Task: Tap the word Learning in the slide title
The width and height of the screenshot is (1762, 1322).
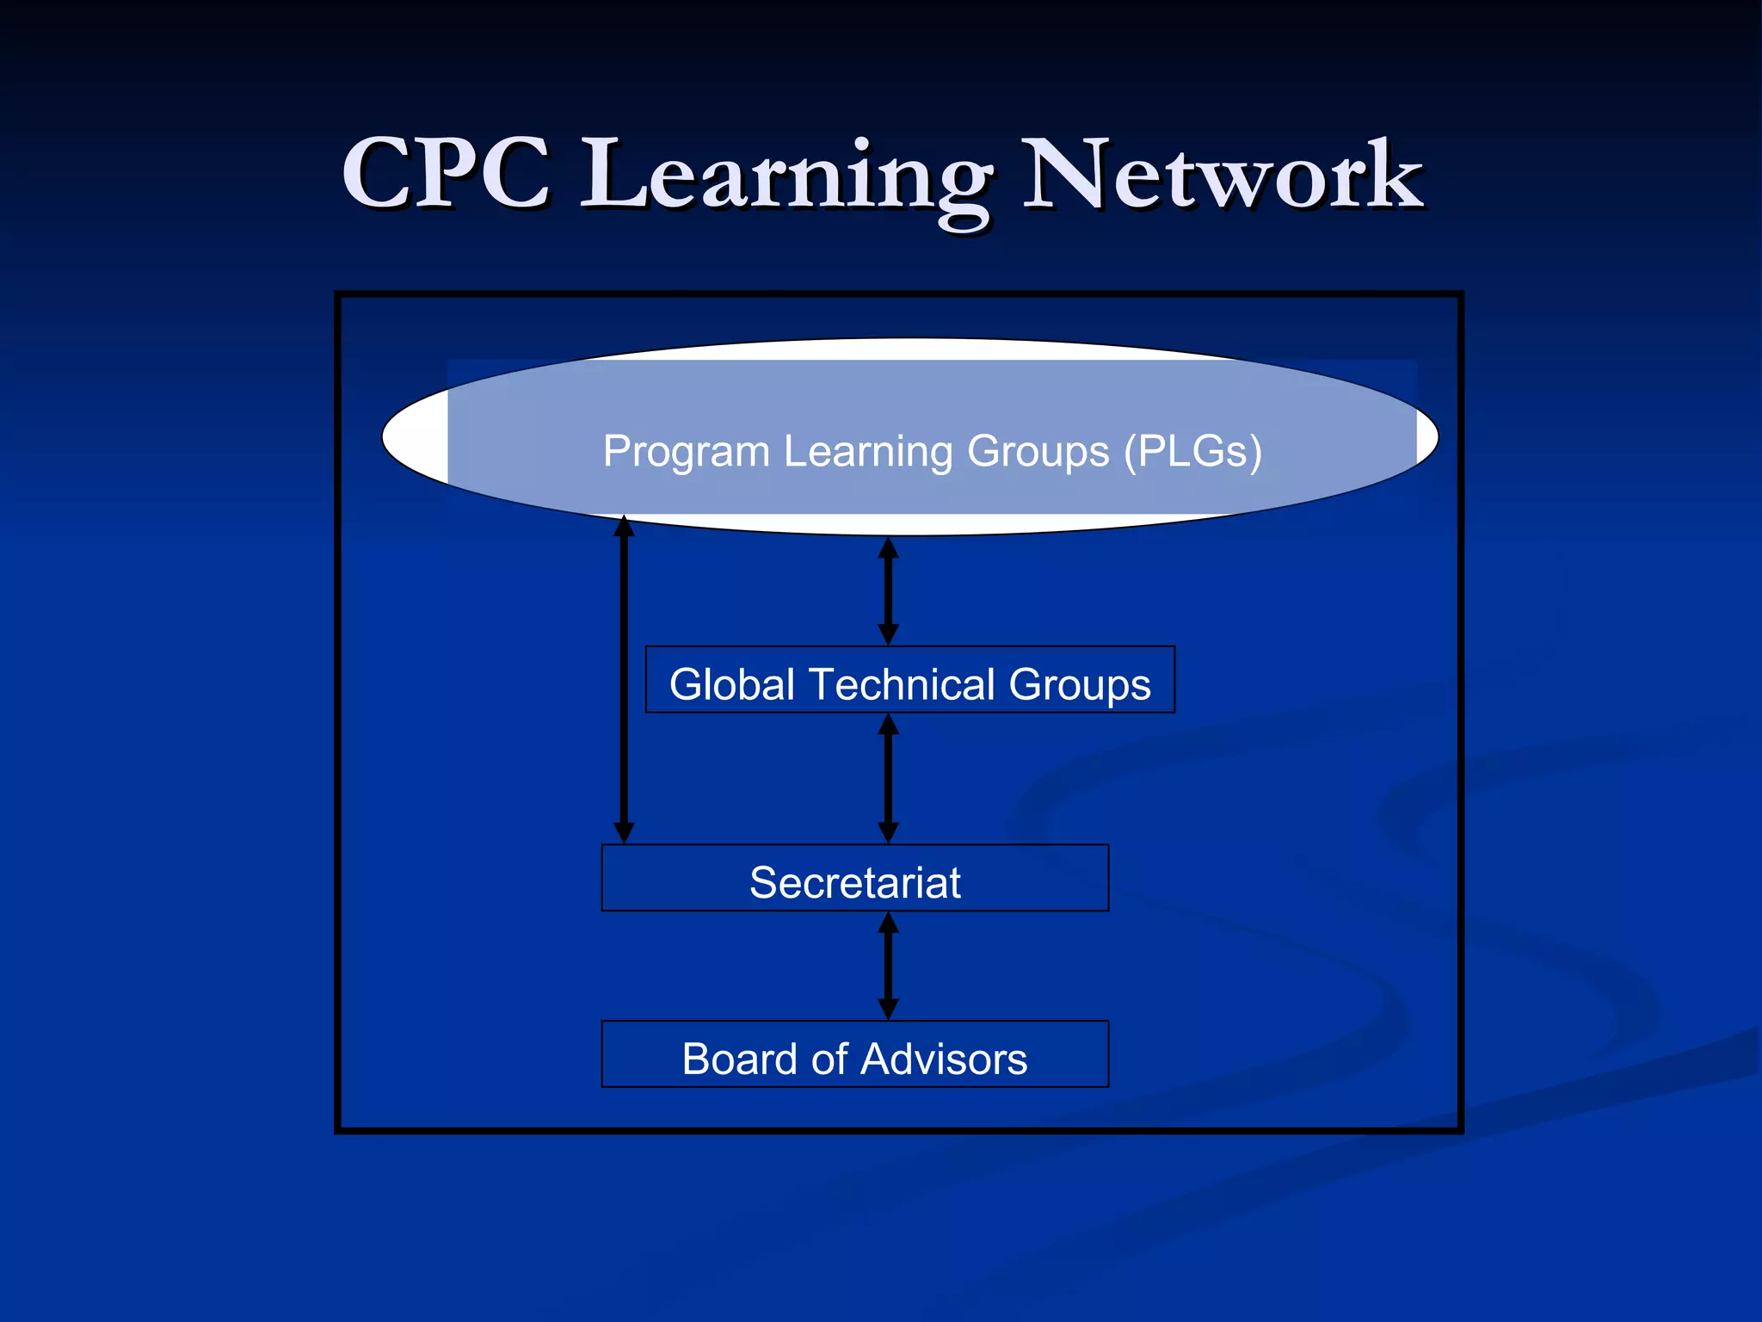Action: click(786, 176)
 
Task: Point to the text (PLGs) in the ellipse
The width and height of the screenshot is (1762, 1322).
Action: click(1193, 451)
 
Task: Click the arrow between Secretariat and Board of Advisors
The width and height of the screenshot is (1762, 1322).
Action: click(889, 966)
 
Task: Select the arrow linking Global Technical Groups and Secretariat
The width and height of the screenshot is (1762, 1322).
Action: click(889, 778)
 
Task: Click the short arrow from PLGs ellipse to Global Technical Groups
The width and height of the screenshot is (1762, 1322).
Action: click(889, 590)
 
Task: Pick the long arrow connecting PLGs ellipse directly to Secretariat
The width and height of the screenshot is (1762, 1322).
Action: click(625, 680)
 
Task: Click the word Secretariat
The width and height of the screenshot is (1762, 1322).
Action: click(854, 882)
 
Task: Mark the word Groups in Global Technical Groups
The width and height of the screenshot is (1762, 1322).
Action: click(1079, 684)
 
